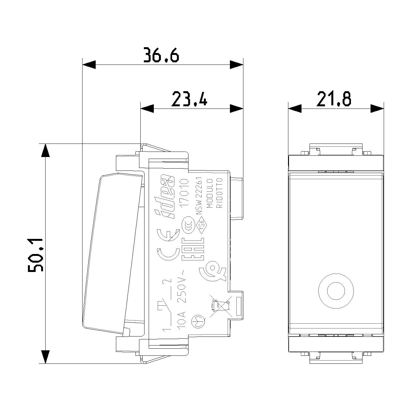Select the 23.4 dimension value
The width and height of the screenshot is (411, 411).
tap(189, 99)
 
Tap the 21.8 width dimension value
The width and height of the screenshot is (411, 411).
tap(334, 99)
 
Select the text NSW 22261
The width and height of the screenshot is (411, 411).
tap(199, 196)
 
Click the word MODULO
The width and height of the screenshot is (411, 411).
tap(210, 193)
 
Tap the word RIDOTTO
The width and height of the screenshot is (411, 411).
tap(219, 193)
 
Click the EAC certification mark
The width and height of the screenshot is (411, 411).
tap(193, 249)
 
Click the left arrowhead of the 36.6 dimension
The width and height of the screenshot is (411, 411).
tap(89, 65)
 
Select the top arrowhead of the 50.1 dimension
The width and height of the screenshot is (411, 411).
tap(45, 151)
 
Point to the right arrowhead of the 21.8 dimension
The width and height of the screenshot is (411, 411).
tap(377, 109)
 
